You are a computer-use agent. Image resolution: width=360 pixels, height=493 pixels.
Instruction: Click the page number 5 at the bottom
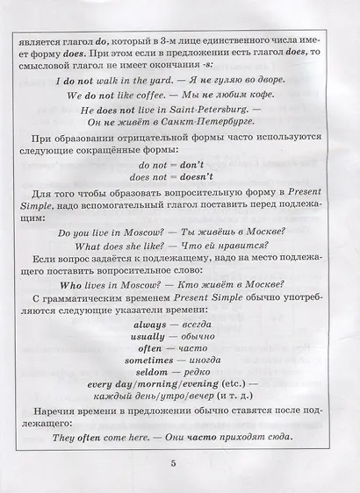click(x=180, y=464)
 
